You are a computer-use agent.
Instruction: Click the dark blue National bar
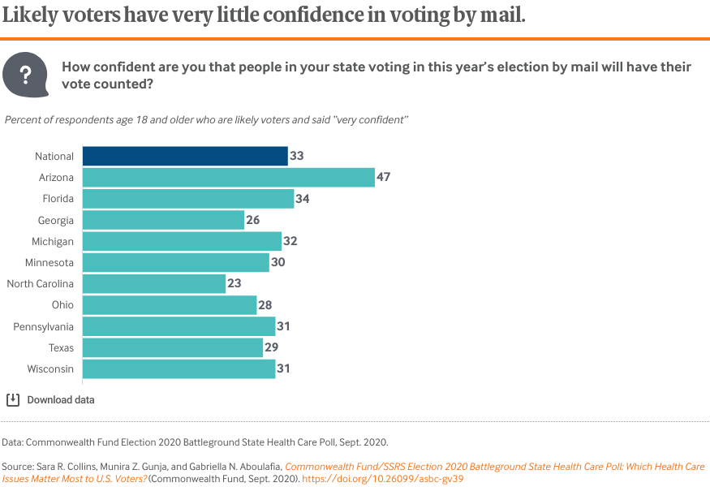(185, 156)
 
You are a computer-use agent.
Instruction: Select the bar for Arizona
(228, 177)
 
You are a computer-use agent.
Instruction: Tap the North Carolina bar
(153, 284)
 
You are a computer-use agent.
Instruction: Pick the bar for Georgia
(163, 220)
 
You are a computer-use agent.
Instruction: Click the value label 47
(384, 177)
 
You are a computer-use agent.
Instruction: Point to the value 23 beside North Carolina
(235, 284)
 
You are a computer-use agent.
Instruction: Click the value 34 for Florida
(303, 199)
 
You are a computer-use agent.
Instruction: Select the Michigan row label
(54, 242)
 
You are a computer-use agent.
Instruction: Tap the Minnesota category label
(50, 263)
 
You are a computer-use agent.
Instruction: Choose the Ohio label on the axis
(62, 305)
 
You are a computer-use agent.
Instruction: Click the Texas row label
(61, 348)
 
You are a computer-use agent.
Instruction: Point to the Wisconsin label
(52, 369)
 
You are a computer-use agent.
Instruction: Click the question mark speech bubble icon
(25, 75)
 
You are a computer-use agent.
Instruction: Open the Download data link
(61, 400)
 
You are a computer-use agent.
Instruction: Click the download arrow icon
(13, 399)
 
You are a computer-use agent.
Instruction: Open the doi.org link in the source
(394, 479)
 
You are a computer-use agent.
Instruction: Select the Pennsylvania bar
(179, 326)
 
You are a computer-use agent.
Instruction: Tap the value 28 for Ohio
(265, 305)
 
